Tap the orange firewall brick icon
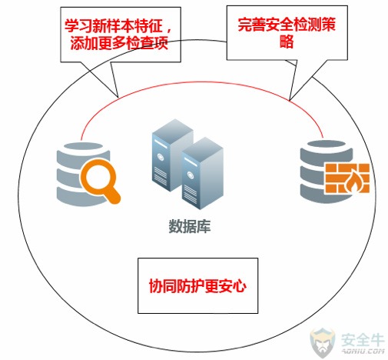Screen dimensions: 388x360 tap(347, 178)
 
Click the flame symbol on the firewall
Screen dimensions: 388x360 tap(353, 182)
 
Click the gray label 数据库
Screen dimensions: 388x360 tap(190, 226)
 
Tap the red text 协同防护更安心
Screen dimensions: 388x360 tap(197, 286)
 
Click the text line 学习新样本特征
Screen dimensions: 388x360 tap(114, 26)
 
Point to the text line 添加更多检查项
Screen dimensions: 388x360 tap(119, 43)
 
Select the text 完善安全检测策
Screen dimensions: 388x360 tap(287, 25)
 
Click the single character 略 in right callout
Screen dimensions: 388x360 tap(287, 41)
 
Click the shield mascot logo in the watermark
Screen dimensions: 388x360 tap(323, 342)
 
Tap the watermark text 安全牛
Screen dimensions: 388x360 tap(363, 340)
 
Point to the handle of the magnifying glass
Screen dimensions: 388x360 tap(113, 197)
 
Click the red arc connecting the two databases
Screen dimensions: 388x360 tap(202, 82)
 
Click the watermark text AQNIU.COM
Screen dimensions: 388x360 tap(363, 351)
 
